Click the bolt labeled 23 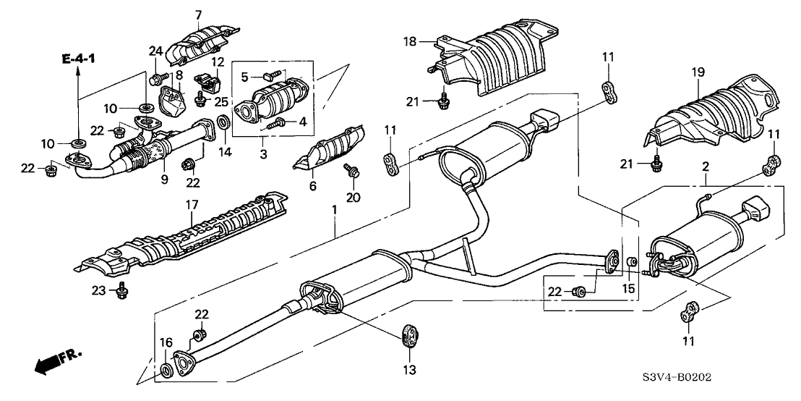121,290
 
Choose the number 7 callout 198,14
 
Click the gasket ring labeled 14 223,122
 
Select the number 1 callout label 334,211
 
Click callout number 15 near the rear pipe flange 629,289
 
